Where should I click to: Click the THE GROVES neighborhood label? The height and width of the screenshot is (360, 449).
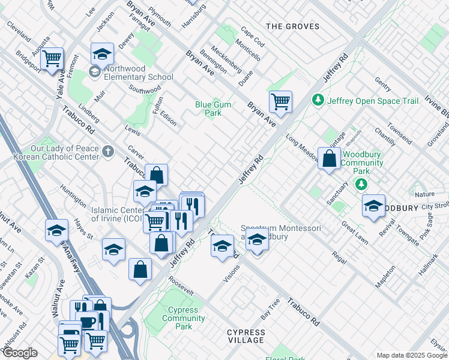coord(291,26)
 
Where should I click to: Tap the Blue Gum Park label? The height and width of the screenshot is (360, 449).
coord(212,108)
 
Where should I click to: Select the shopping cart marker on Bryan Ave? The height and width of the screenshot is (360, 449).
coord(280,102)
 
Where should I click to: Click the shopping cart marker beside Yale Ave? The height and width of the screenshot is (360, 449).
coord(52,59)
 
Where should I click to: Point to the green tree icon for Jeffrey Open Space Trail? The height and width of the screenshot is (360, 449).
coord(318,101)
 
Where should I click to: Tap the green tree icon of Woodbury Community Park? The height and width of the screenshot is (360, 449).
coord(362,184)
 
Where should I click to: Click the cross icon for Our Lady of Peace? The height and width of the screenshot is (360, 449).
coord(107,152)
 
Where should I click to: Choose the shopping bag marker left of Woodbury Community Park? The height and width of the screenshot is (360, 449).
coord(329,159)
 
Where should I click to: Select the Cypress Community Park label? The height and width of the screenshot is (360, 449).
coord(183,318)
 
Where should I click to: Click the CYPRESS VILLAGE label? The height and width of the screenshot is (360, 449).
coord(246,336)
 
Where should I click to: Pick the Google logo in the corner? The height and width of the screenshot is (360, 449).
coord(19,353)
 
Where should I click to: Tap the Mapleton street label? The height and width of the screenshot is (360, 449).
coord(385,277)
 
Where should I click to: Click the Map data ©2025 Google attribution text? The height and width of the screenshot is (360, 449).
coord(411,355)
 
